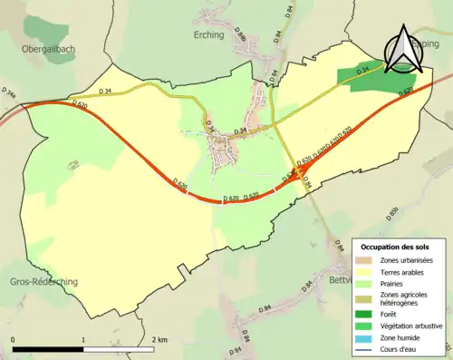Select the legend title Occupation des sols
pos(396,247)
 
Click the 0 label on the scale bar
pos(13,339)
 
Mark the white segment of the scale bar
pos(119,349)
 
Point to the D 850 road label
pos(392,214)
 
